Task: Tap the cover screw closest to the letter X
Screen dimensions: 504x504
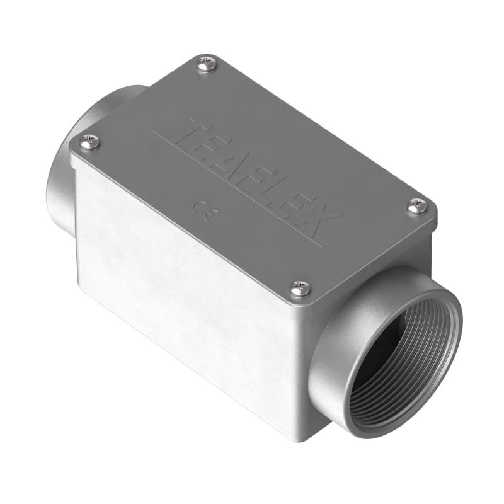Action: tap(416, 205)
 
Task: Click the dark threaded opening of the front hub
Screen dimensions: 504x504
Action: tap(403, 353)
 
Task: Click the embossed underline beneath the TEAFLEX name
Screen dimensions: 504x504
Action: tap(239, 189)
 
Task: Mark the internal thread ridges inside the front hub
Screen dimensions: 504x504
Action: tap(378, 403)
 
